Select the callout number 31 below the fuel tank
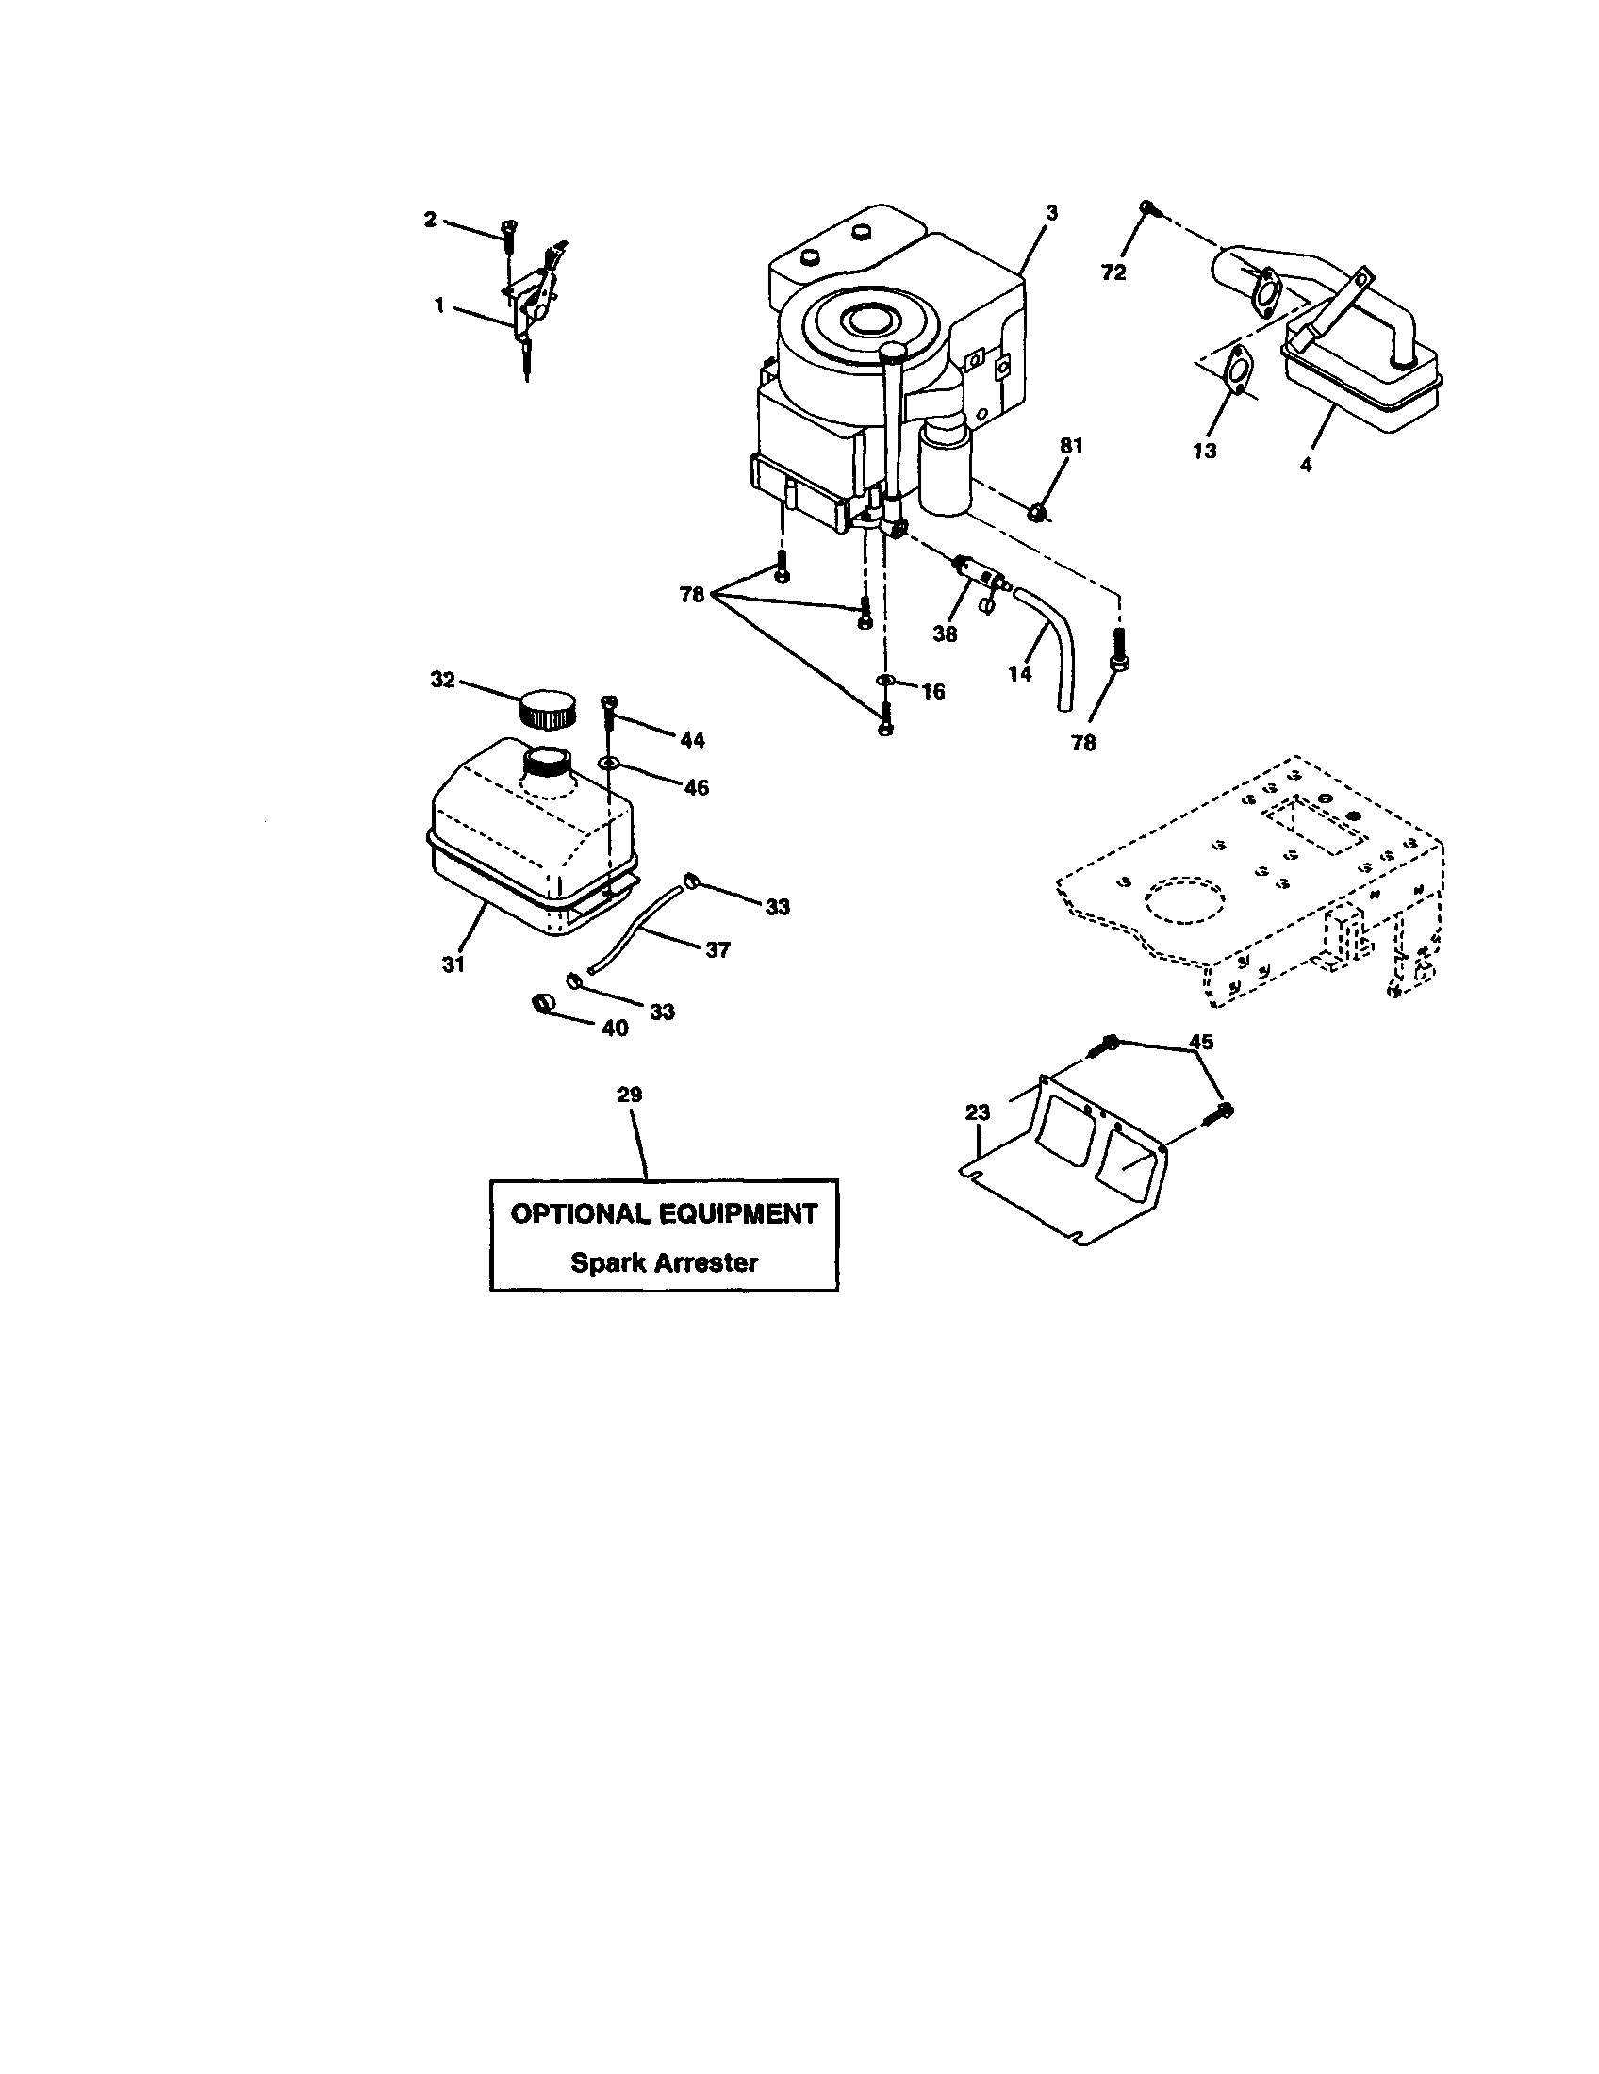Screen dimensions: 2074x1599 (x=453, y=963)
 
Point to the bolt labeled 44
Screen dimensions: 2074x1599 (x=610, y=703)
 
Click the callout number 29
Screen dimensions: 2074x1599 (x=630, y=1095)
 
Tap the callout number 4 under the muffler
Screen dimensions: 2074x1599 (x=1306, y=465)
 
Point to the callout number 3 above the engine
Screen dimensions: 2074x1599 (x=1050, y=214)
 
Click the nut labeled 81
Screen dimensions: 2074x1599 (x=1039, y=514)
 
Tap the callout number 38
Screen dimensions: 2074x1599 (x=945, y=634)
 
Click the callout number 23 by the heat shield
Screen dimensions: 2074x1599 (x=977, y=1112)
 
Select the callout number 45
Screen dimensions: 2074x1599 (x=1201, y=1042)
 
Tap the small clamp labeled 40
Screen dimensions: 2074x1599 (x=542, y=1002)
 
